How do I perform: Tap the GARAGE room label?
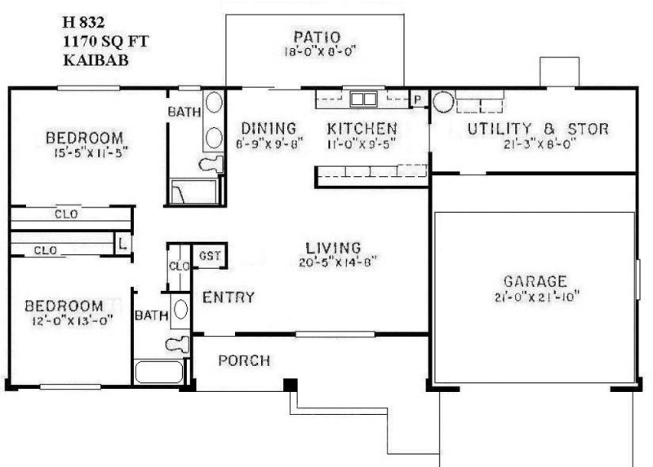pos(535,280)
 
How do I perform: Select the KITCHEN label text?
pos(362,129)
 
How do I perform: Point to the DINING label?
pos(268,129)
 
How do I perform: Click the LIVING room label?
pos(333,247)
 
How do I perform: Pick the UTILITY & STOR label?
pos(538,129)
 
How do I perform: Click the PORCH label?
pos(245,360)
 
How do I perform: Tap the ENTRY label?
pos(229,297)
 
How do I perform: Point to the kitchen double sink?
pos(362,99)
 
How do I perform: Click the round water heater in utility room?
pos(443,103)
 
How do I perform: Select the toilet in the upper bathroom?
pos(211,163)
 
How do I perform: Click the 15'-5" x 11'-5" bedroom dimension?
pos(85,151)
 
